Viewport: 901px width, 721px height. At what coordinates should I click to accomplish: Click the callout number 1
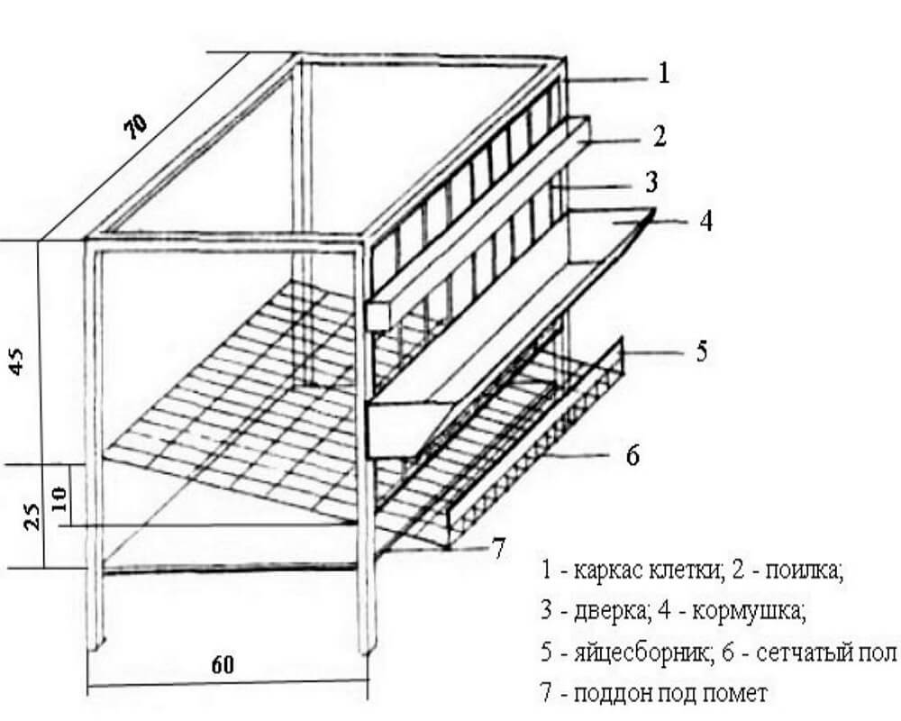(x=663, y=72)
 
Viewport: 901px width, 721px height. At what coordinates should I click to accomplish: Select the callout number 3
(x=652, y=182)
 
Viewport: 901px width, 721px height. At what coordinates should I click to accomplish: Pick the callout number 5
(x=703, y=351)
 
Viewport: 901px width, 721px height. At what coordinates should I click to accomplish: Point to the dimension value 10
(x=59, y=498)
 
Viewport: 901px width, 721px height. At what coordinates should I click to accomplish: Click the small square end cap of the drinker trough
(x=377, y=315)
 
